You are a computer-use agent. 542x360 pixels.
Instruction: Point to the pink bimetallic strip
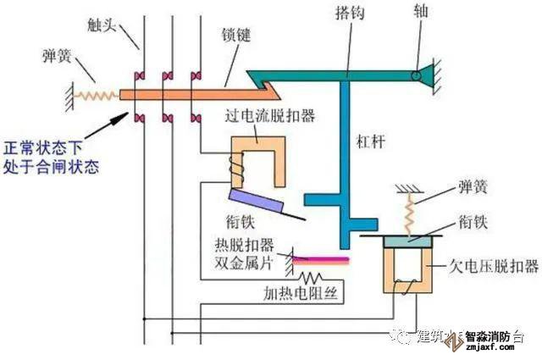[x=322, y=258]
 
